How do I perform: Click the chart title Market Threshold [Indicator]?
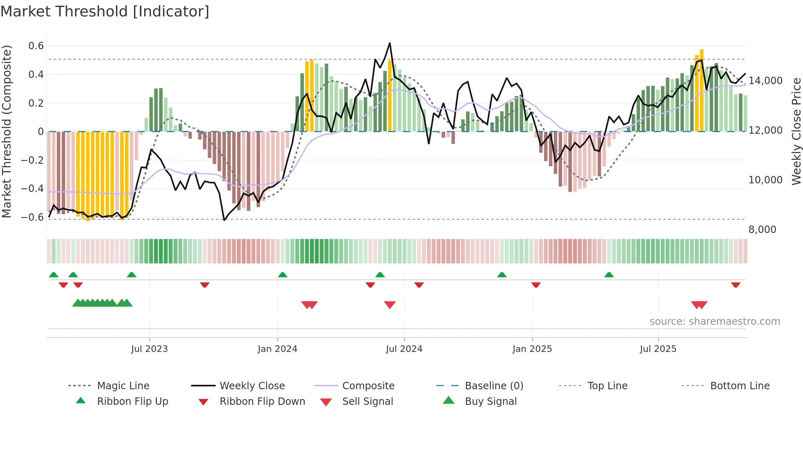point(105,11)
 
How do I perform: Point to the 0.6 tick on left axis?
point(36,46)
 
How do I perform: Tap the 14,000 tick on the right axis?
point(765,81)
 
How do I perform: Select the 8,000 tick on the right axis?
point(762,230)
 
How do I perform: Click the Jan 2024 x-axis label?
point(277,349)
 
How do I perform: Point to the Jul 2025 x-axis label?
point(658,349)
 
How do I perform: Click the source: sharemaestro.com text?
point(715,322)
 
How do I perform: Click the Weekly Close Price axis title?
point(796,131)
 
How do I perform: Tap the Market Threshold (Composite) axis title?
point(7,131)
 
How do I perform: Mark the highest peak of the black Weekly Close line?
point(390,43)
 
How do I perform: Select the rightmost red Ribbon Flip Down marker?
point(736,285)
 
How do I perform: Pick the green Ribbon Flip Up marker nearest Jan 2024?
point(283,274)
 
